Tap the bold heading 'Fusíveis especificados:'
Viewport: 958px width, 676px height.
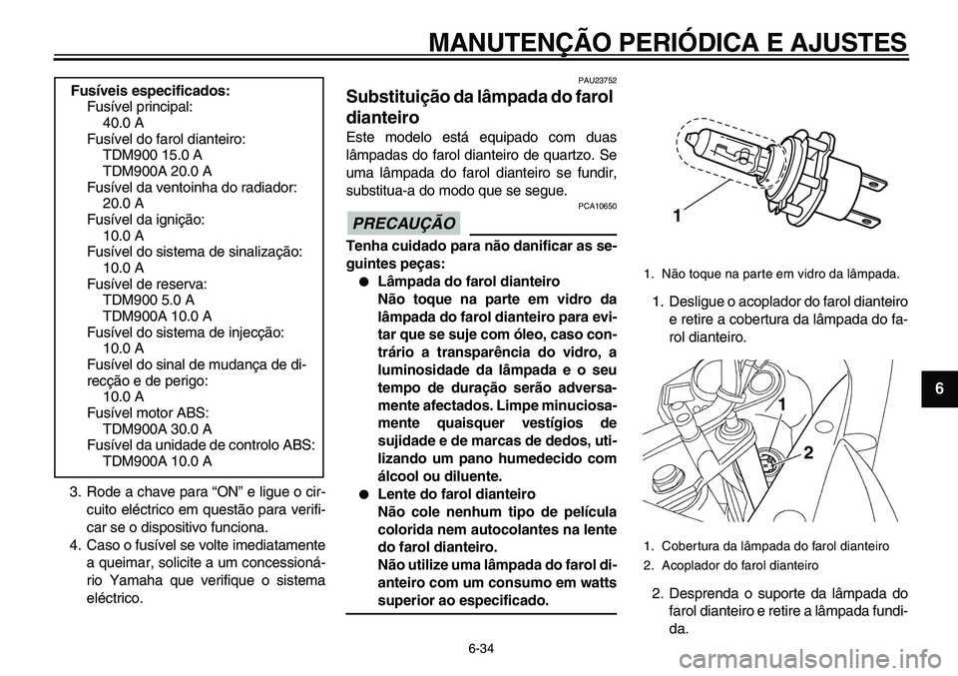[x=151, y=90]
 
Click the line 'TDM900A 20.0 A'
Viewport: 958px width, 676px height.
[x=156, y=171]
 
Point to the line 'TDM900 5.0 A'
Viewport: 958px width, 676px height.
[x=148, y=299]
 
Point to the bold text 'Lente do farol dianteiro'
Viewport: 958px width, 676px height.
[x=457, y=494]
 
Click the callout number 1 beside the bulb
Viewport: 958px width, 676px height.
[x=677, y=216]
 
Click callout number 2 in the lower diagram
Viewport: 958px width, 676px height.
[x=806, y=452]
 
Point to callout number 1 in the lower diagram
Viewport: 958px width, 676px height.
[x=782, y=404]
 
